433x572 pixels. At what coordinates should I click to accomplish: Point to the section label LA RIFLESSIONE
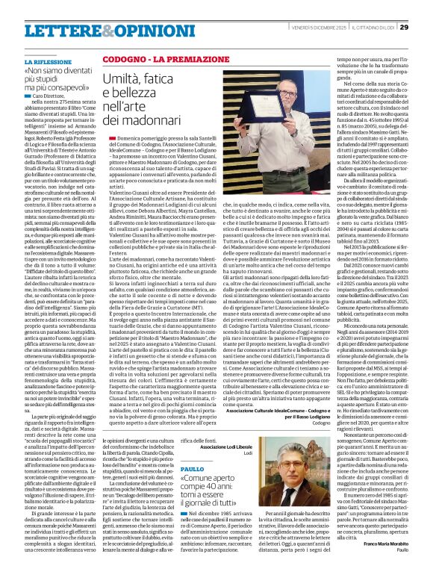point(49,60)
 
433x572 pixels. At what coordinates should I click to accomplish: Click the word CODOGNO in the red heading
point(122,57)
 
